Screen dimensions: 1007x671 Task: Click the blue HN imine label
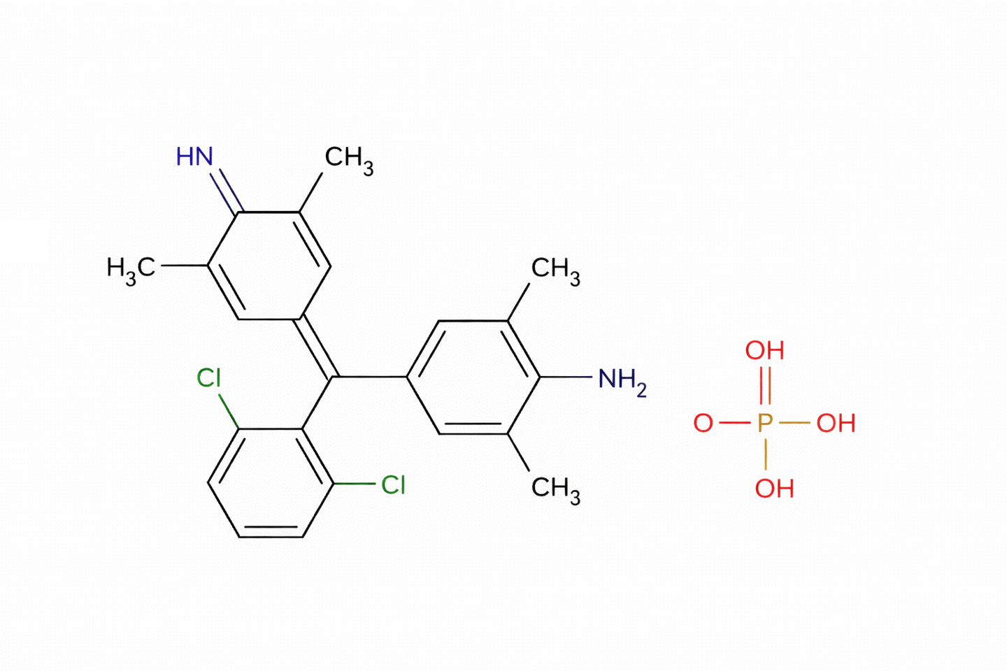point(194,157)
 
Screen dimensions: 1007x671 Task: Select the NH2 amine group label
point(622,380)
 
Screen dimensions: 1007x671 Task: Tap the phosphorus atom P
point(765,423)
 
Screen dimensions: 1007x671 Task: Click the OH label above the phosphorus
point(765,350)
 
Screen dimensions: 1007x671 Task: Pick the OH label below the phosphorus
point(774,488)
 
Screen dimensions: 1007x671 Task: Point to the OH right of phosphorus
point(836,423)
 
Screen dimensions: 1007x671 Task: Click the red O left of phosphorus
point(703,423)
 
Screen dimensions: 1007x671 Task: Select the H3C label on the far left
point(131,268)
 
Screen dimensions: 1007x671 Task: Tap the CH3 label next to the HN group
point(349,158)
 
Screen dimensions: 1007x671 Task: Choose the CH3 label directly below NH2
point(555,487)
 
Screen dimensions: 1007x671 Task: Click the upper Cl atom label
point(208,378)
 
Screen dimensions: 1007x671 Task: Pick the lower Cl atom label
point(393,484)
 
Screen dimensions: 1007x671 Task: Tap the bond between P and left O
point(734,423)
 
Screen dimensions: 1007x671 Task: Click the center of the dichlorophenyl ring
point(270,482)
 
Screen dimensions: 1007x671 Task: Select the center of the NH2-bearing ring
point(473,377)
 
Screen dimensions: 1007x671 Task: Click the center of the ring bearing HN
point(270,266)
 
